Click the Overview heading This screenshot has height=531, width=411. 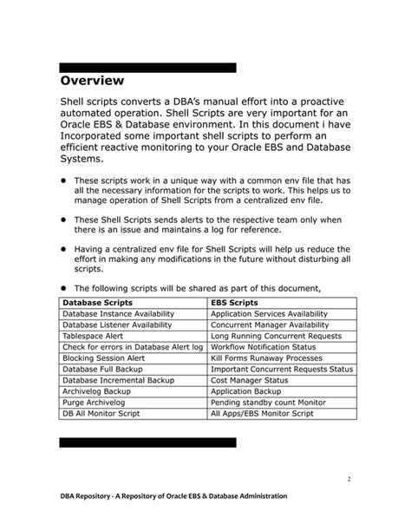point(92,81)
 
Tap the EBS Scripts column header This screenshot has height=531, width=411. point(236,302)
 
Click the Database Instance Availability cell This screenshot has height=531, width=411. point(118,313)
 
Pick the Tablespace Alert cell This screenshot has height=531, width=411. point(94,335)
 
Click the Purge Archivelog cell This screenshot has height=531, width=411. point(94,403)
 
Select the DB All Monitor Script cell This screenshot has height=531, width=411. point(101,414)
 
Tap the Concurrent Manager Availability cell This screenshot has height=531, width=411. point(271,324)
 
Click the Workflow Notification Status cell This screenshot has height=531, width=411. point(264,346)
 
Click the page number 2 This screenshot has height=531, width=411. point(348,479)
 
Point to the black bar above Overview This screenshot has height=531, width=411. point(147,67)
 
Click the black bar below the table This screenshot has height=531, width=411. point(147,442)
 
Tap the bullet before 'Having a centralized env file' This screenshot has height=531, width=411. point(63,249)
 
